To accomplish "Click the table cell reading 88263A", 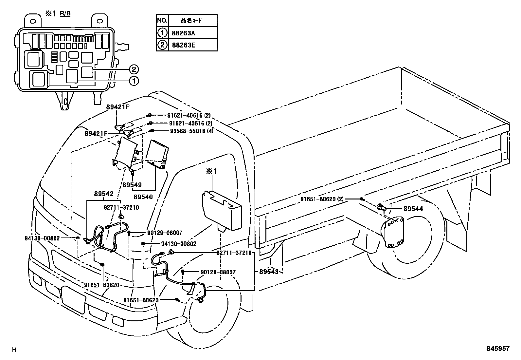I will coord(192,33).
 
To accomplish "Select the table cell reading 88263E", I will coord(192,45).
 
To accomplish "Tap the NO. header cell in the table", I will coord(162,20).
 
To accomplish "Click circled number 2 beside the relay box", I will coord(134,69).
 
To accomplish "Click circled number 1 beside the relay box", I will coord(134,81).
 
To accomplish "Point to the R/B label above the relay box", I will coord(65,13).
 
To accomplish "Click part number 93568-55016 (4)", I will coord(187,131).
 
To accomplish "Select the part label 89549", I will coord(132,185).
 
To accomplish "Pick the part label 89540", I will coord(143,197).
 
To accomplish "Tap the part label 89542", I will coord(104,194).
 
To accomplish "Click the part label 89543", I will coord(269,272).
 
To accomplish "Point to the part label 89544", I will coord(413,209).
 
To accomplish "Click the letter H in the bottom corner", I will coord(14,350).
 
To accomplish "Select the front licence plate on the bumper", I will coord(74,298).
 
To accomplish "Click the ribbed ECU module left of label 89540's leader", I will coord(157,152).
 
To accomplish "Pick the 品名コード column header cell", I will coord(192,20).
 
